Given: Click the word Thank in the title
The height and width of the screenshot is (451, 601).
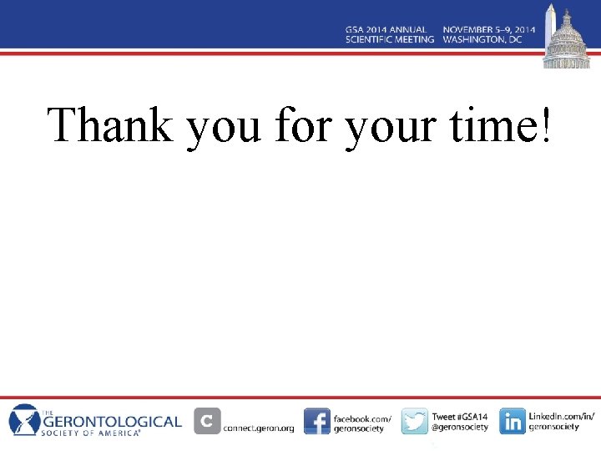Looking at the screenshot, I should click(x=111, y=125).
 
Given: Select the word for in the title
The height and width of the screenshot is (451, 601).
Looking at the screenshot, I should click(x=304, y=125).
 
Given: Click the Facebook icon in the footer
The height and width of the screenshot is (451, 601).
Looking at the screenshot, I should click(x=316, y=421).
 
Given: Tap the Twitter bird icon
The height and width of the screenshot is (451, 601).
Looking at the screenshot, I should click(x=414, y=421).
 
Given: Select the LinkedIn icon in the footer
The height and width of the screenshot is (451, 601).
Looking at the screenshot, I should click(x=513, y=421).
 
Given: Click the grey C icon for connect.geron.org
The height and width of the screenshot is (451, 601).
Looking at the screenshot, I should click(x=207, y=421).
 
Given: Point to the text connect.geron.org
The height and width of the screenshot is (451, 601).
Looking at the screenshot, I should click(x=259, y=428).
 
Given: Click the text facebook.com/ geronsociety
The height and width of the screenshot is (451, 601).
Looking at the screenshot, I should click(x=361, y=423).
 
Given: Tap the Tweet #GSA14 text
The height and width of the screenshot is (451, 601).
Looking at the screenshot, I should click(x=459, y=415).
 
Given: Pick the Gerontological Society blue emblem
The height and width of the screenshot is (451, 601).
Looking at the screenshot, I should click(x=24, y=420).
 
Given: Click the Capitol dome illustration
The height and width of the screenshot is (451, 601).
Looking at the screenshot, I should click(x=568, y=42).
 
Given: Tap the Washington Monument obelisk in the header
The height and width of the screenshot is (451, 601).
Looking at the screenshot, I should click(x=549, y=29).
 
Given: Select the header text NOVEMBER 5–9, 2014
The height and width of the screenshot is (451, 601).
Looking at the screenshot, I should click(x=488, y=29).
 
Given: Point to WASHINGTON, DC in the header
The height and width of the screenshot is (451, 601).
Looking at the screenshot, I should click(x=483, y=39).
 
